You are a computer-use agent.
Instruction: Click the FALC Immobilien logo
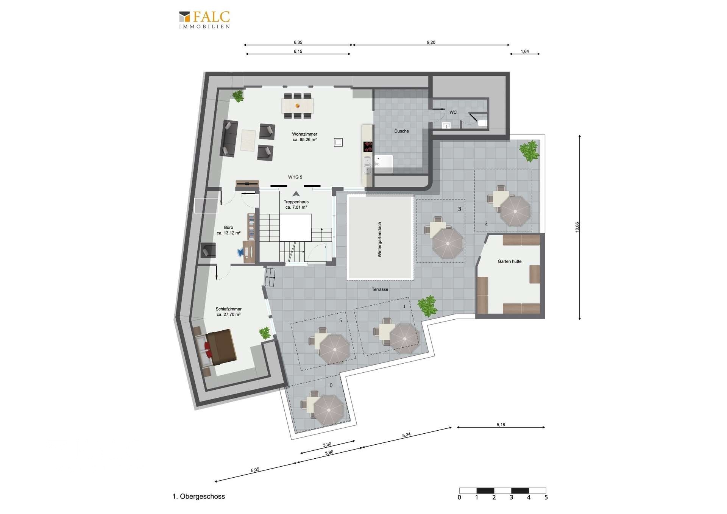pyautogui.click(x=204, y=20)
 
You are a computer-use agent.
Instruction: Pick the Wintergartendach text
pyautogui.click(x=379, y=240)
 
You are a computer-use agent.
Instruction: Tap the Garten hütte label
pyautogui.click(x=509, y=261)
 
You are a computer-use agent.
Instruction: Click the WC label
pyautogui.click(x=453, y=112)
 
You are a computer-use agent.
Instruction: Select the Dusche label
pyautogui.click(x=401, y=131)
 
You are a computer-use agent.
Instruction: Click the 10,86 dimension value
pyautogui.click(x=577, y=227)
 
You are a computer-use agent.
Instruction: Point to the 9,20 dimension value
pyautogui.click(x=431, y=42)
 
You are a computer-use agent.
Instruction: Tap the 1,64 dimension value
pyautogui.click(x=524, y=51)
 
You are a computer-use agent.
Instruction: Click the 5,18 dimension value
pyautogui.click(x=501, y=425)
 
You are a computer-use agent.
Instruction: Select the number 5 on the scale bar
pyautogui.click(x=546, y=497)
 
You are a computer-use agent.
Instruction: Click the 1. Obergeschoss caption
pyautogui.click(x=198, y=496)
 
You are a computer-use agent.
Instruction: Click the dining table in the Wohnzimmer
pyautogui.click(x=298, y=106)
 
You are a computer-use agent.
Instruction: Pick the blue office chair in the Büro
pyautogui.click(x=241, y=252)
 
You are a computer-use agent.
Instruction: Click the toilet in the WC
pyautogui.click(x=482, y=123)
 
